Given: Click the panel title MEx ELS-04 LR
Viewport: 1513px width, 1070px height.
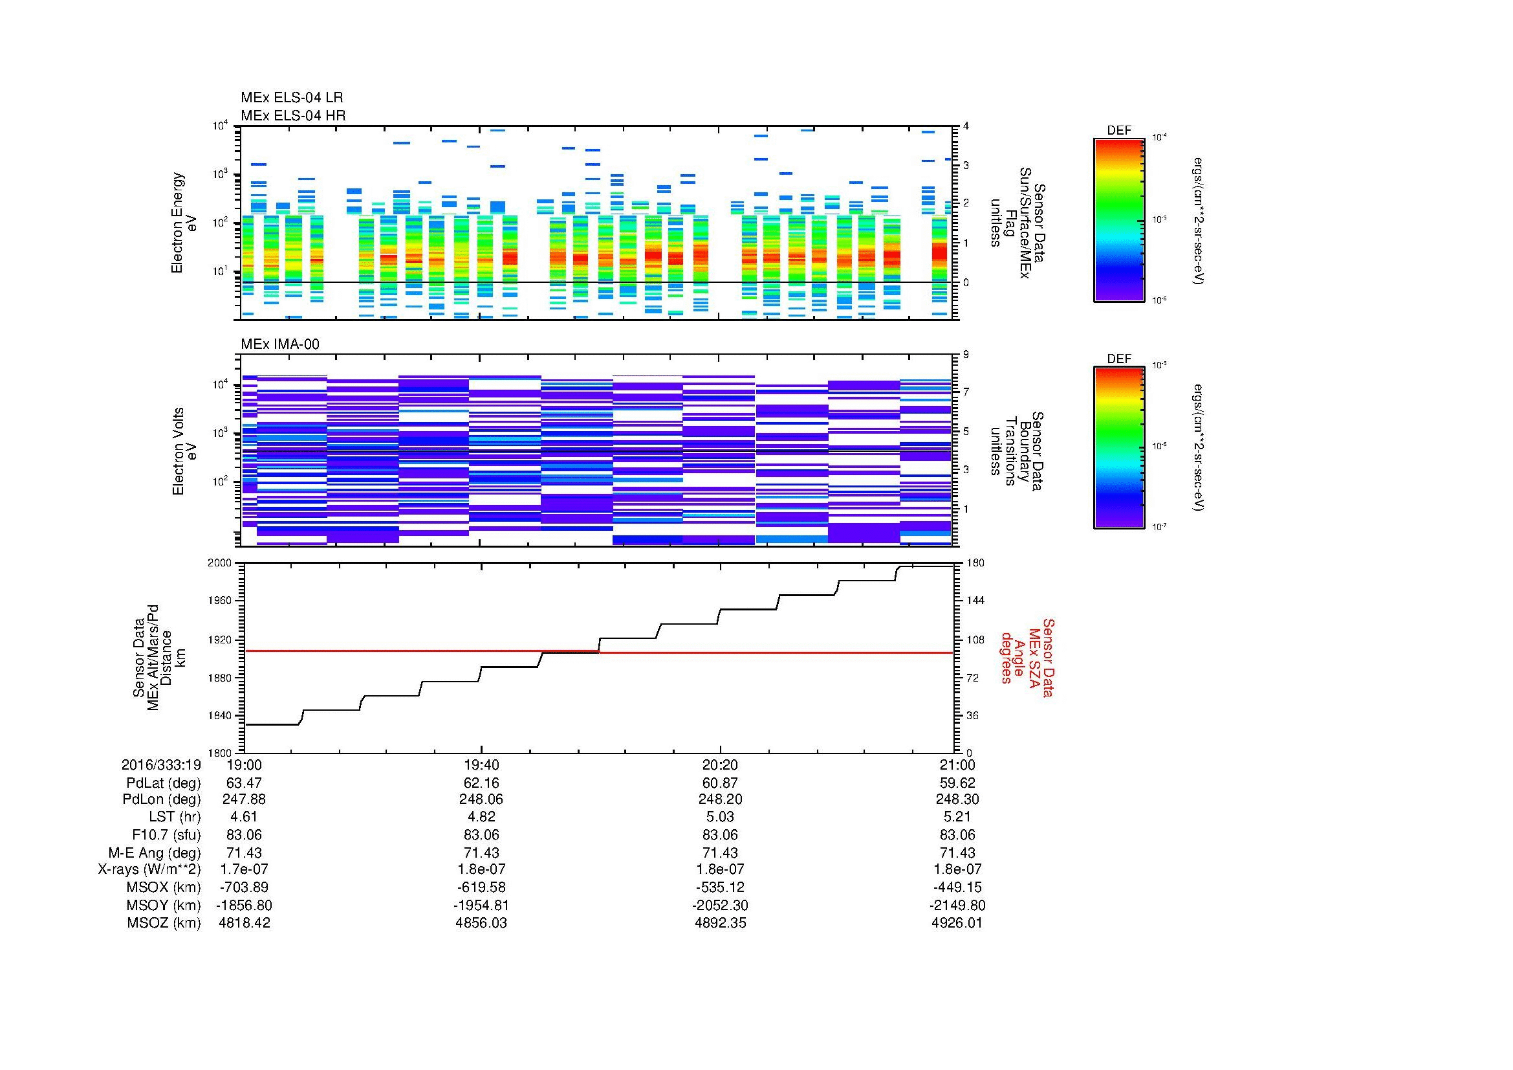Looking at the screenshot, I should click(291, 98).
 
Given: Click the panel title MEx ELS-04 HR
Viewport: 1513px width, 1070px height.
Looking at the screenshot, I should click(292, 115).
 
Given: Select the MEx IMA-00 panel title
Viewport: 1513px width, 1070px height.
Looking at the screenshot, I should click(279, 344).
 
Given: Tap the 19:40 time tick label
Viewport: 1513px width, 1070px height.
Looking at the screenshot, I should click(481, 764).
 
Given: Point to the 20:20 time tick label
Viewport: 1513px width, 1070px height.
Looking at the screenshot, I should click(719, 764).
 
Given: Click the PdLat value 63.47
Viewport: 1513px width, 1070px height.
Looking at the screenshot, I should click(244, 783).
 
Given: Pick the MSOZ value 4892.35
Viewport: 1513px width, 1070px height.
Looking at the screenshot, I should click(719, 922).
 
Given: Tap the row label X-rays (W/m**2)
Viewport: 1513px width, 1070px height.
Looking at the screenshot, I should click(149, 869).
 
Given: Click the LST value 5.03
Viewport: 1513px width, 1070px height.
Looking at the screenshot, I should click(719, 818).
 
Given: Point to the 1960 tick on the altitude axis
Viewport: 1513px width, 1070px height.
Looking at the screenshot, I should click(222, 601).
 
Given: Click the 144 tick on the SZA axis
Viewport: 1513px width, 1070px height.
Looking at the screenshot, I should click(975, 601).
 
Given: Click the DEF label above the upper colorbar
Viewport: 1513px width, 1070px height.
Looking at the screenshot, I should click(1118, 131).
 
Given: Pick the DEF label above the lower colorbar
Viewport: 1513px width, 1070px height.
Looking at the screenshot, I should click(1118, 359).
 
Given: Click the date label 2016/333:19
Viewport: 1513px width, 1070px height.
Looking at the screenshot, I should click(161, 764).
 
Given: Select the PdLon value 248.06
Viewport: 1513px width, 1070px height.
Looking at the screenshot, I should click(481, 799).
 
